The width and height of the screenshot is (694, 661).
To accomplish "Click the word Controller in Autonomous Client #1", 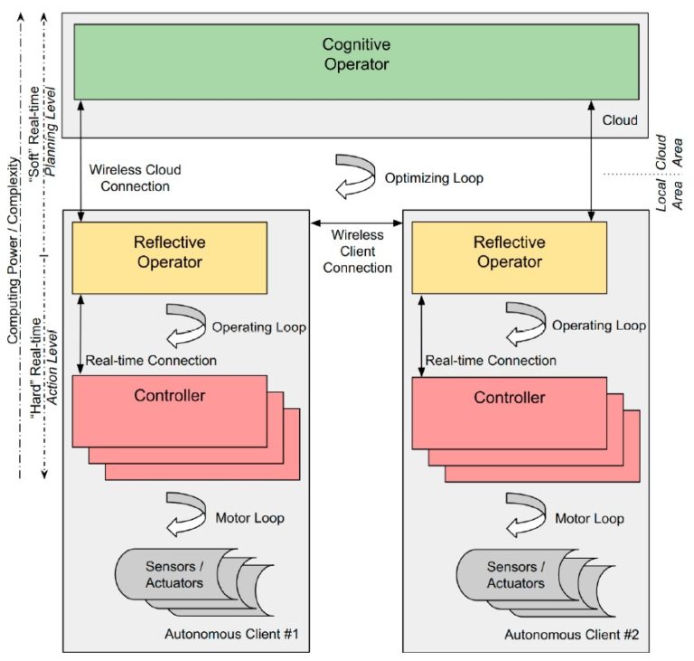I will click(x=169, y=395).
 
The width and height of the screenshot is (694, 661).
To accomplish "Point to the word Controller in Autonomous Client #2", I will click(x=509, y=397).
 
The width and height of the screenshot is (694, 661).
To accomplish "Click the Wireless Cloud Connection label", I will click(x=135, y=177).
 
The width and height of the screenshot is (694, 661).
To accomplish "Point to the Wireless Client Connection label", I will click(x=357, y=250).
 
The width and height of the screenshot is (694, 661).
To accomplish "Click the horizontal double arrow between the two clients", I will click(x=356, y=222).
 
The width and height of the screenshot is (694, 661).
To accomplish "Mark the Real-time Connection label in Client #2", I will click(x=491, y=360).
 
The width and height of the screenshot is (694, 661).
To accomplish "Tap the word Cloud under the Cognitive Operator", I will click(x=619, y=119).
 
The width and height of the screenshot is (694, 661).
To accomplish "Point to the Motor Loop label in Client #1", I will click(x=249, y=518).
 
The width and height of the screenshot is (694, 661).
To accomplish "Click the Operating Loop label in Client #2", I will click(x=598, y=326).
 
